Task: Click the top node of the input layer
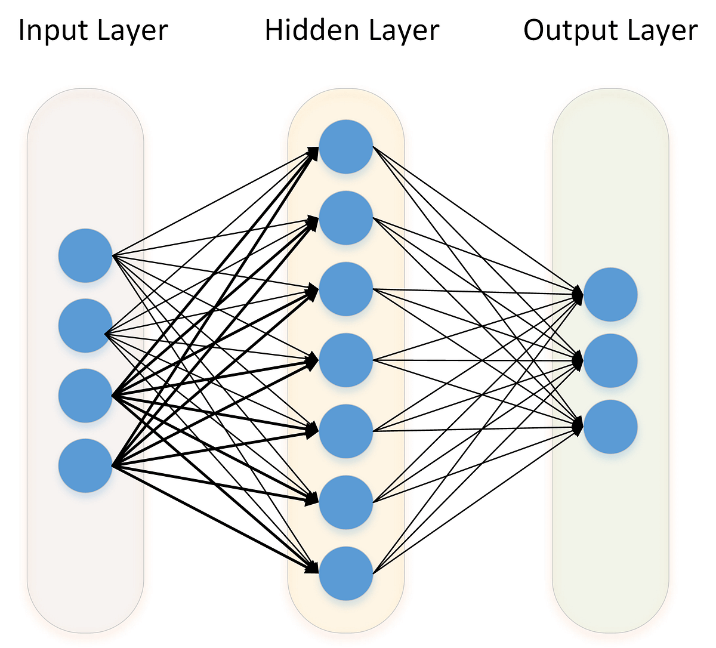coord(85,255)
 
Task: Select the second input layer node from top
coord(85,326)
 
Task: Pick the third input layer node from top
coord(85,396)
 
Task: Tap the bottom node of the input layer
coord(85,465)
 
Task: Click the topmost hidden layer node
coord(346,147)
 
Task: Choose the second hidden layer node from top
coord(346,218)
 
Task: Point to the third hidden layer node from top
coord(346,289)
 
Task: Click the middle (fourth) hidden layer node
coord(346,360)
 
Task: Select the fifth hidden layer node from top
coord(346,431)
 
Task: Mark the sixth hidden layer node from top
coord(346,502)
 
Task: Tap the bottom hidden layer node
coord(346,573)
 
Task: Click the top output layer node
coord(610,295)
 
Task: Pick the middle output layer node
coord(610,361)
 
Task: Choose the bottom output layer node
coord(610,427)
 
